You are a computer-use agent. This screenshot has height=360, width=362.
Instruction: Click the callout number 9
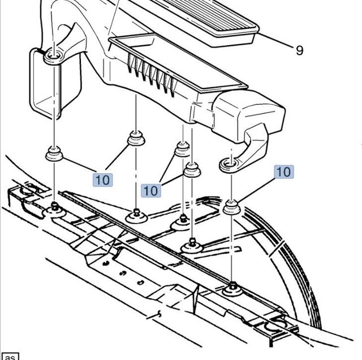pyautogui.click(x=299, y=50)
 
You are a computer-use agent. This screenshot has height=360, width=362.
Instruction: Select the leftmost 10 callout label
pyautogui.click(x=103, y=180)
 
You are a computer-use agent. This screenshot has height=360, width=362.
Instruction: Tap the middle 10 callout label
pyautogui.click(x=150, y=191)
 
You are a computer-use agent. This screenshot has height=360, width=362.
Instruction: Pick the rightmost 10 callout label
pyautogui.click(x=285, y=172)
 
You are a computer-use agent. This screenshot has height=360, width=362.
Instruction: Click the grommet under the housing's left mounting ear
pyautogui.click(x=54, y=153)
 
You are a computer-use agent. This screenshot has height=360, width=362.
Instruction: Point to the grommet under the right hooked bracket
pyautogui.click(x=231, y=207)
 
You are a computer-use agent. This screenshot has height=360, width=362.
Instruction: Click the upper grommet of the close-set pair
pyautogui.click(x=182, y=149)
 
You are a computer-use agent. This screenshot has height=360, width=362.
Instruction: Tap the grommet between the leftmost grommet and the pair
pyautogui.click(x=135, y=138)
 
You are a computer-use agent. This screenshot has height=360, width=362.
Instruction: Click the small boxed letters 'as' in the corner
pyautogui.click(x=10, y=356)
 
